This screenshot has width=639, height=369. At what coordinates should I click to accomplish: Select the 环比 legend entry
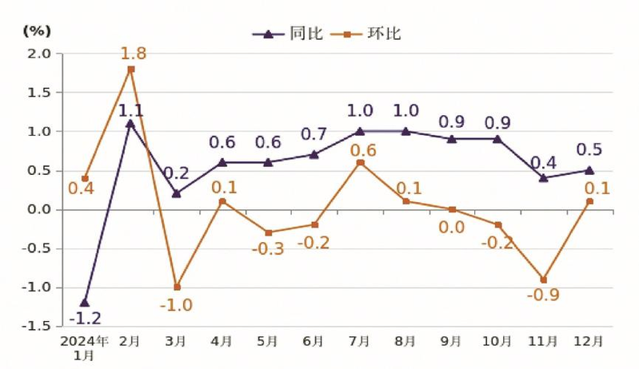point(369,34)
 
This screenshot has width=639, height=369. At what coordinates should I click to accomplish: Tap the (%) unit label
point(36,31)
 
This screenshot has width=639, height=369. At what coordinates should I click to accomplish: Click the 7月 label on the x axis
point(359,341)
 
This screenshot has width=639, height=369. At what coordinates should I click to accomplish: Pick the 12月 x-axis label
point(589,341)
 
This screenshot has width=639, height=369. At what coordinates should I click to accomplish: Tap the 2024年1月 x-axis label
point(85,347)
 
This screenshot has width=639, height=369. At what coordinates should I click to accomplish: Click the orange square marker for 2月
point(130,69)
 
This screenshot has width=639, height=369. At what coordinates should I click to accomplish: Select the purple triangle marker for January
point(85,303)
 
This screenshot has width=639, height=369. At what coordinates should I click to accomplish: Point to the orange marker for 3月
point(177,287)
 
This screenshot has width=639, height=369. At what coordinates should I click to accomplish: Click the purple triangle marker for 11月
point(543,178)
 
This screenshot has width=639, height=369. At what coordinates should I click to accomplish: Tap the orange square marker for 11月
point(543,280)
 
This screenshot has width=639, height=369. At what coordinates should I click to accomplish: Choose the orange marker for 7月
point(360,162)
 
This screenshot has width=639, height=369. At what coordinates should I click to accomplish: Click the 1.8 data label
point(133,54)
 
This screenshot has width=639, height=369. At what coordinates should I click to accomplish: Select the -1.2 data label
point(85,318)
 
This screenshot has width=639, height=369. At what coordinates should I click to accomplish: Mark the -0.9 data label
point(543,296)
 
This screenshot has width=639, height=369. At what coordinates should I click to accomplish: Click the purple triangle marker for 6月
point(314,154)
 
